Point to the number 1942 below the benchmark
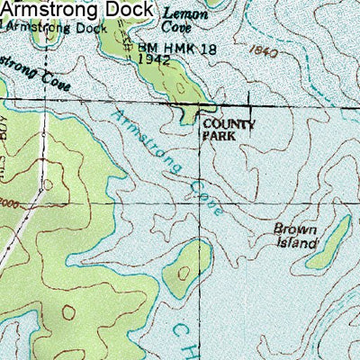point(155,58)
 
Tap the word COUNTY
point(229,125)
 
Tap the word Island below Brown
point(297,243)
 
